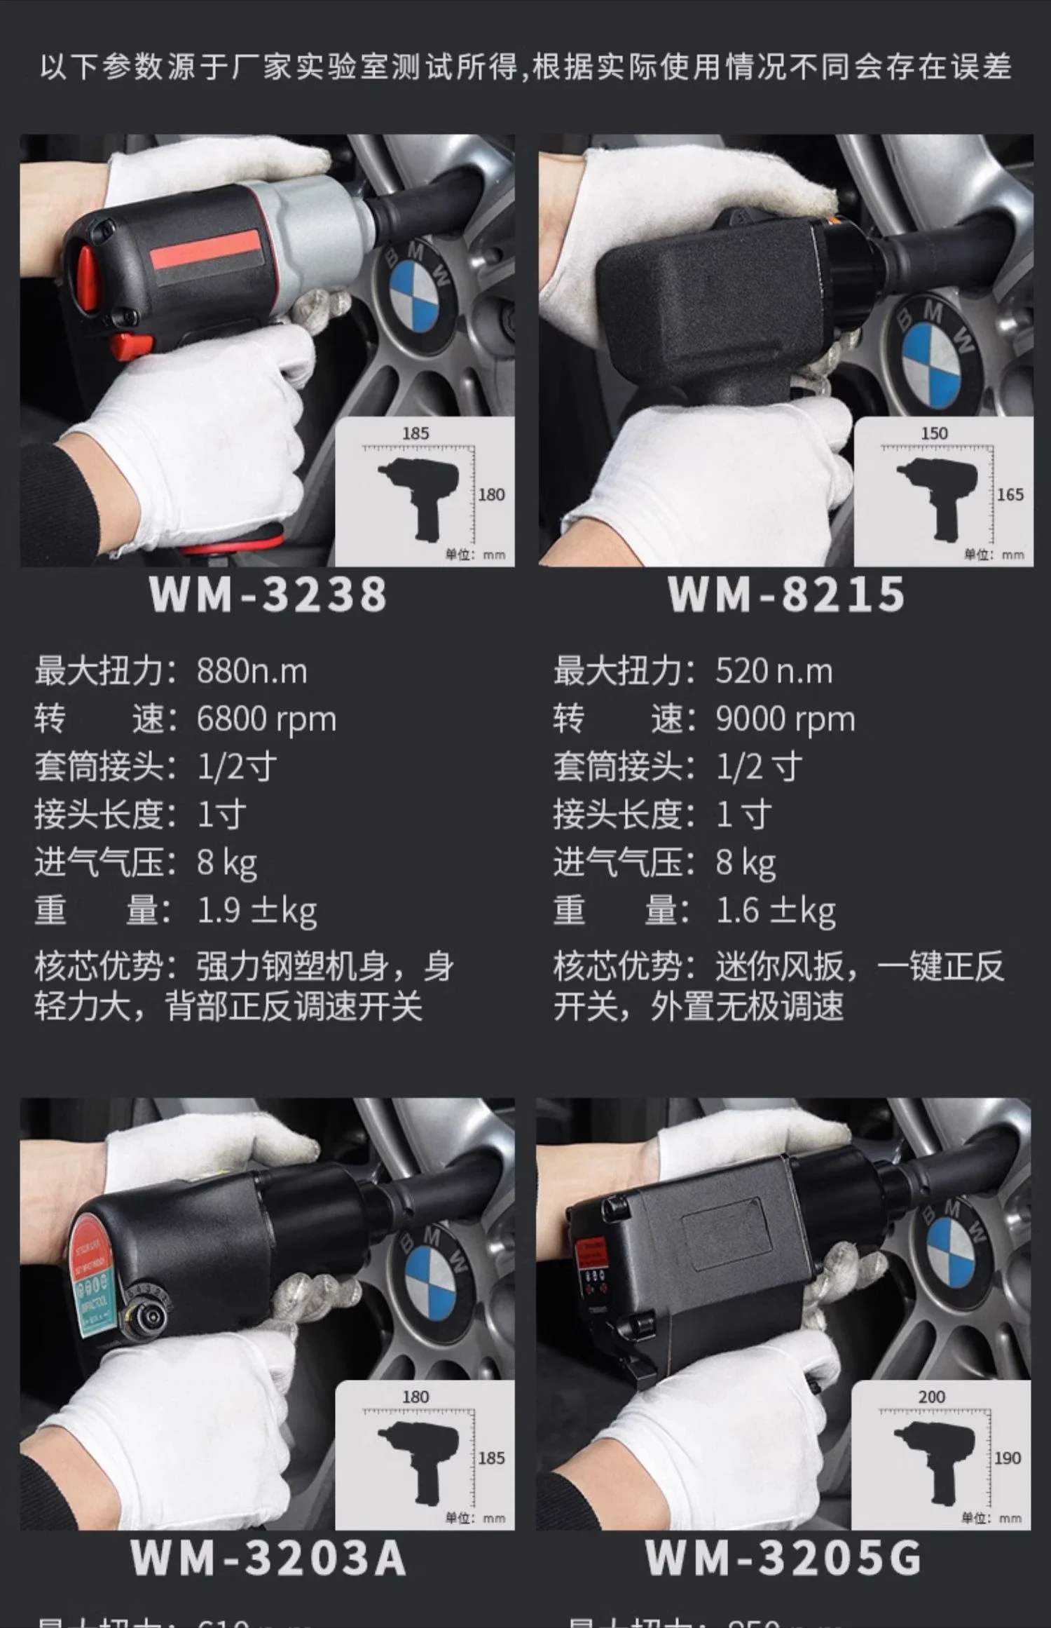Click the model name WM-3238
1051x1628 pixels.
click(x=268, y=595)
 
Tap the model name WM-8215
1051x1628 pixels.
click(x=786, y=595)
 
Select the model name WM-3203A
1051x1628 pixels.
click(x=268, y=1557)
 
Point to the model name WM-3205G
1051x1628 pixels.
click(x=783, y=1557)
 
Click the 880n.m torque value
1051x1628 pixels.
click(x=252, y=671)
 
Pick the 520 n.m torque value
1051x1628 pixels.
click(x=774, y=671)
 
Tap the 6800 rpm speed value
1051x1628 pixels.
click(x=266, y=719)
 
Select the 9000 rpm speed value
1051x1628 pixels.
click(x=785, y=719)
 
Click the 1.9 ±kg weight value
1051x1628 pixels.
click(x=256, y=911)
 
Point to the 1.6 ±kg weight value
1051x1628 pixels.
click(x=775, y=911)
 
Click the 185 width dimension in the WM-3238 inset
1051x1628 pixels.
click(x=415, y=433)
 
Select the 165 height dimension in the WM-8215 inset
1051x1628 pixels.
click(x=1010, y=494)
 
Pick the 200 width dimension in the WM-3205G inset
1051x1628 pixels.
click(x=931, y=1397)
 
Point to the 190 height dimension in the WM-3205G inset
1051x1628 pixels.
click(x=1007, y=1458)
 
